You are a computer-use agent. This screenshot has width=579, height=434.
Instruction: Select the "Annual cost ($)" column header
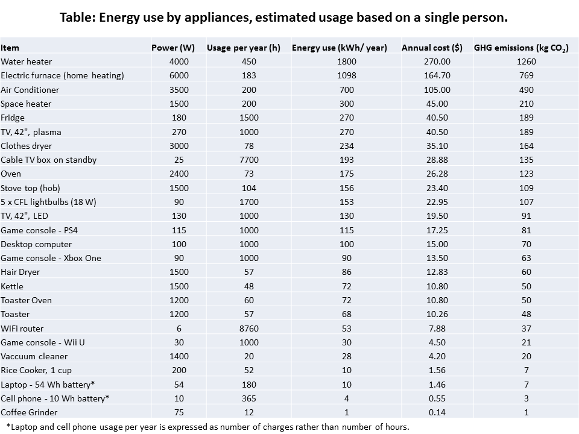(432, 48)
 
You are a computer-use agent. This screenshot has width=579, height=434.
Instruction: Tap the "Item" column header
(10, 48)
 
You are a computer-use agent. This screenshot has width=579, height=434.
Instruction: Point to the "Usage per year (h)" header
(243, 48)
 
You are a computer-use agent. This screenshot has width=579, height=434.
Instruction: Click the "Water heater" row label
(27, 61)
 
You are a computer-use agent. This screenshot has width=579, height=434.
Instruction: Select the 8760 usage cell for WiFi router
(248, 329)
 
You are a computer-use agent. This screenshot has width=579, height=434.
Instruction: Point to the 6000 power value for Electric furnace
(179, 75)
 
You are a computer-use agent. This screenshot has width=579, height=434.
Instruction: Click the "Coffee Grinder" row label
(29, 412)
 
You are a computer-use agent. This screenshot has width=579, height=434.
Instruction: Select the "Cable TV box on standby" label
(49, 160)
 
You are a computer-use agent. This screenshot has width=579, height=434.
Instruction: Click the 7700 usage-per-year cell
(248, 160)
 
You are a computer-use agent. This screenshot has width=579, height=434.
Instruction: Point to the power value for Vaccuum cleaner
(179, 356)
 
